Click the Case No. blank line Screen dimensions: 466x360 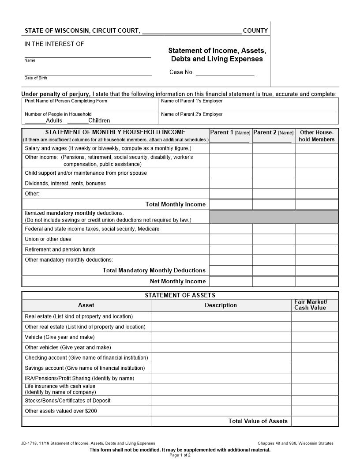pyautogui.click(x=225, y=73)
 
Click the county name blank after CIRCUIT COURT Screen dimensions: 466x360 pyautogui.click(x=192, y=31)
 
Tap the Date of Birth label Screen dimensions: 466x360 pyautogui.click(x=36, y=78)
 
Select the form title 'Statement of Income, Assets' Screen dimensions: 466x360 pyautogui.click(x=217, y=51)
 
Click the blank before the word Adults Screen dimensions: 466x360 pyautogui.click(x=35, y=120)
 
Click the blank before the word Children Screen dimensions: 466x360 pyautogui.click(x=78, y=120)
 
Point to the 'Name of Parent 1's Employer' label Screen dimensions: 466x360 pyautogui.click(x=192, y=101)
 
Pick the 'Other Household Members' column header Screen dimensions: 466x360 pyautogui.click(x=317, y=136)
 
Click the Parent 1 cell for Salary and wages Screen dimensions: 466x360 pyautogui.click(x=230, y=148)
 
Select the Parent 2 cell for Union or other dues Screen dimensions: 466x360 pyautogui.click(x=274, y=239)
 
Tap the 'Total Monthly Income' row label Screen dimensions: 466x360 pyautogui.click(x=175, y=204)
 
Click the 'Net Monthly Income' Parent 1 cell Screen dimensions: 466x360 pyautogui.click(x=230, y=282)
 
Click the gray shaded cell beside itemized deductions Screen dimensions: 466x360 pyautogui.click(x=274, y=217)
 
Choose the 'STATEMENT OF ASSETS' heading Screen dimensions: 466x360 pyautogui.click(x=180, y=295)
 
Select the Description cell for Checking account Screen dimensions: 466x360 pyautogui.click(x=221, y=358)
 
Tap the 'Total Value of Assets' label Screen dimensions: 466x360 pyautogui.click(x=258, y=421)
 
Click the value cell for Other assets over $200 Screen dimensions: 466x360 pyautogui.click(x=315, y=411)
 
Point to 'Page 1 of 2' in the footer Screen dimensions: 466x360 pyautogui.click(x=180, y=455)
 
